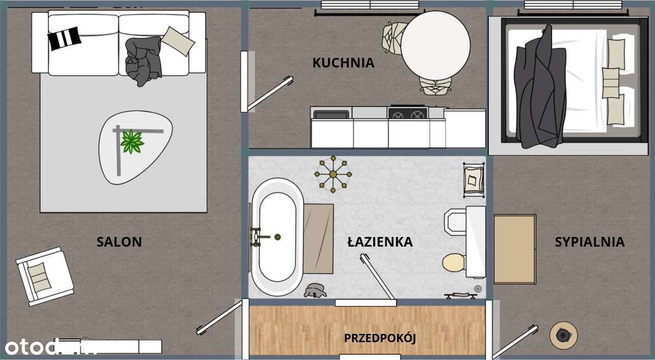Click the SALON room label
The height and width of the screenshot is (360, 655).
point(119,242)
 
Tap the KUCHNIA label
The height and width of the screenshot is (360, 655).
point(343,63)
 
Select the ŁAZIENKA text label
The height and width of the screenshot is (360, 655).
point(380,242)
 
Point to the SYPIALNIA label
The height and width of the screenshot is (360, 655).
point(589,242)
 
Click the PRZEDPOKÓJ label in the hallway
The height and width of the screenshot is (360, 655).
point(380,338)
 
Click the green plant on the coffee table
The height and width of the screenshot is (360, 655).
point(132,142)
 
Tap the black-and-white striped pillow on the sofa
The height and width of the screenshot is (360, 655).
point(64,38)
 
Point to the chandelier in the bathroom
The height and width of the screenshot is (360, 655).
point(333,175)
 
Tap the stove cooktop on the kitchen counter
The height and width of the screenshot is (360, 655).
point(407,113)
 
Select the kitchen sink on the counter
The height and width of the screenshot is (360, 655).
point(331,114)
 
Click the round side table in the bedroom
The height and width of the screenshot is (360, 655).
point(563,335)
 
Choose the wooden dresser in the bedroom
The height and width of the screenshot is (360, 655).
point(515,249)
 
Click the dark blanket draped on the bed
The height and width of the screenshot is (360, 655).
point(539,87)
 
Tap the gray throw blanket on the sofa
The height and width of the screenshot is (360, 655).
point(144,60)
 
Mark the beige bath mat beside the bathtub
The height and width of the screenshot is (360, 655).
point(318,239)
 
